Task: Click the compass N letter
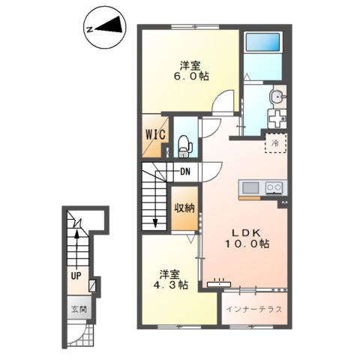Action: point(89,29)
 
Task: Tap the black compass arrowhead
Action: point(111,25)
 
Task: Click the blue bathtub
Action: point(262,41)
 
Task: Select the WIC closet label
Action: point(155,135)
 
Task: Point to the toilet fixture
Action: point(184,146)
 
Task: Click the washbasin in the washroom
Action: point(277,97)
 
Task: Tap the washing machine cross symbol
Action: point(277,119)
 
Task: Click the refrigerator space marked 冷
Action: point(275,143)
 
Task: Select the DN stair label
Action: point(185,172)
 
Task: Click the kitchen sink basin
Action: point(250,187)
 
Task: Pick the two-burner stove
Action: point(274,187)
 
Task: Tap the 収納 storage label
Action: point(184,208)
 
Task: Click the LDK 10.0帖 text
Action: point(247,238)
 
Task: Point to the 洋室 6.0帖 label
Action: point(191,70)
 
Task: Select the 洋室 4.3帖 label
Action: point(171,280)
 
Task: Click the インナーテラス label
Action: point(254,309)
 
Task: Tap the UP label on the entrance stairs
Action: point(76,276)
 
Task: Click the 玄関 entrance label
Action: point(79,310)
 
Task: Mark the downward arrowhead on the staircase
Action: point(155,223)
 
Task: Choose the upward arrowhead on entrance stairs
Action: point(77,234)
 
